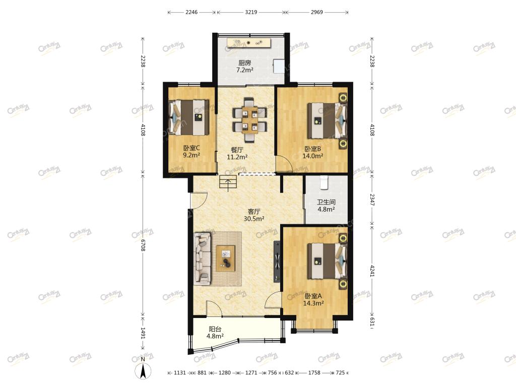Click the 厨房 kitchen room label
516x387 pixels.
[244, 62]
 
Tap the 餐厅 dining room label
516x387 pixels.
[237, 150]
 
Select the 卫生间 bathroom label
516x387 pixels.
[326, 202]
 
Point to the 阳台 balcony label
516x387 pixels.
[215, 329]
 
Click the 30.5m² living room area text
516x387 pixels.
[254, 219]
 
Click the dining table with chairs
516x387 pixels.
[249, 120]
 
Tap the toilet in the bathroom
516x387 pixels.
[325, 182]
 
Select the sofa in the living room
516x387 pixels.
[202, 259]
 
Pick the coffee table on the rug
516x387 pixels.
[225, 259]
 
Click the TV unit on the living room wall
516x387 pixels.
[277, 262]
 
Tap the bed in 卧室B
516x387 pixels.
[327, 120]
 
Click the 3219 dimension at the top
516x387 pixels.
[251, 12]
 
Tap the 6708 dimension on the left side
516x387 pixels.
[143, 245]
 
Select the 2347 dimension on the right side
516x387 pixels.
[372, 200]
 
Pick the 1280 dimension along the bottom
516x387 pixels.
[225, 373]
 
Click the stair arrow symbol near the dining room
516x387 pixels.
[228, 183]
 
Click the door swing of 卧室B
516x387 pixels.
[283, 163]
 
